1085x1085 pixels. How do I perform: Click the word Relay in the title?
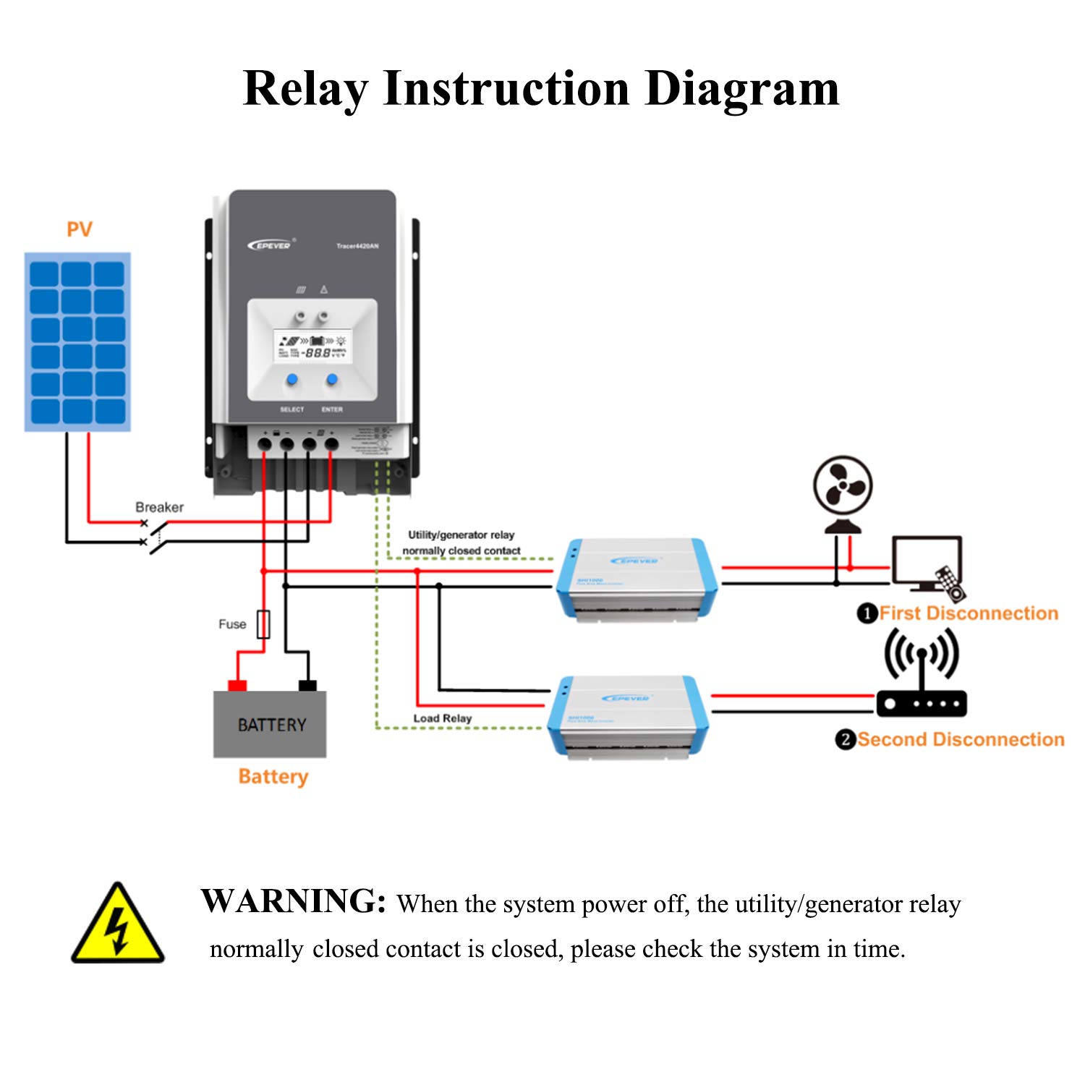(x=305, y=89)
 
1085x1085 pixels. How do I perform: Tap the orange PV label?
(x=80, y=229)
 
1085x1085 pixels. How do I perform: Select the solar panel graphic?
(x=77, y=341)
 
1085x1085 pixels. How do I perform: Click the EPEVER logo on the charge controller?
(x=270, y=245)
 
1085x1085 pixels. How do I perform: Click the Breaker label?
(x=159, y=507)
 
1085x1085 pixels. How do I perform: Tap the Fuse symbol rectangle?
(x=263, y=624)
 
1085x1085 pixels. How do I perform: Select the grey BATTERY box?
(x=270, y=724)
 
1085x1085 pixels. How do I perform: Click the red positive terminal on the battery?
(x=237, y=685)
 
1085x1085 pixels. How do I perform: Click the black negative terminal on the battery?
(x=307, y=685)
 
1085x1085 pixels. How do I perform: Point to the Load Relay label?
(x=442, y=718)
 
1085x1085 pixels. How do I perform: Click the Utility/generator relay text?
(x=461, y=535)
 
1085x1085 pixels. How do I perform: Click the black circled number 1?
(x=867, y=614)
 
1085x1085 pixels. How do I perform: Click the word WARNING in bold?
(x=293, y=902)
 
